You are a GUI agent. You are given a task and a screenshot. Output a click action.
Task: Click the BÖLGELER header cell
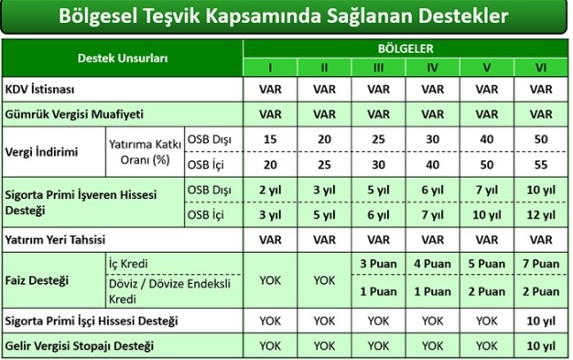405,48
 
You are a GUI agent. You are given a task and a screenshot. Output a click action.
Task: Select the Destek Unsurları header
122,57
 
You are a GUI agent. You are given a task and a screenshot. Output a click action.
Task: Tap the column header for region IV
433,67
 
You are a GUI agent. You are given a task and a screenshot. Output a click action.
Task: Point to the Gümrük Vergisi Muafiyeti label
75,115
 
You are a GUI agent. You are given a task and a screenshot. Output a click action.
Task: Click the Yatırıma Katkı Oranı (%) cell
145,150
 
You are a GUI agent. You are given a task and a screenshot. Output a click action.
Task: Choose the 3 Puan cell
379,264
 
